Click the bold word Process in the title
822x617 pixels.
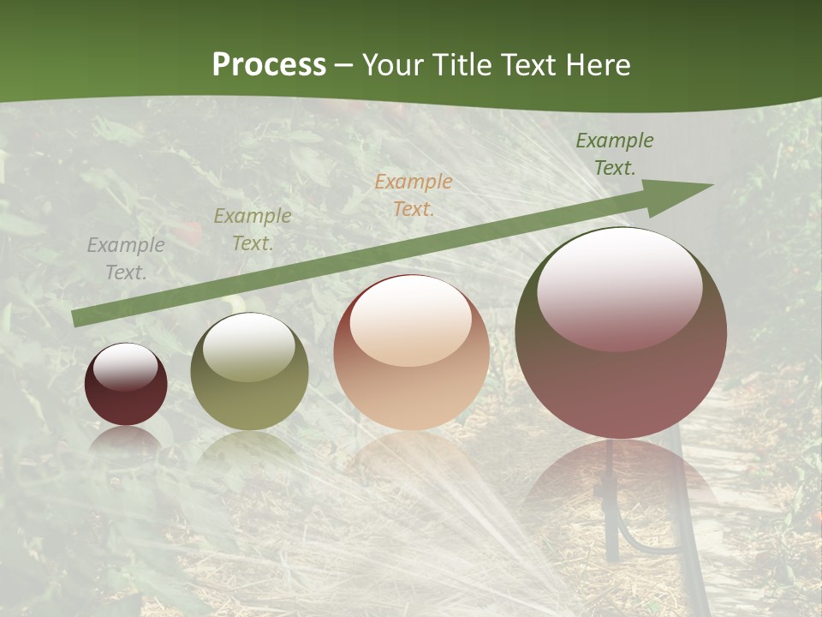click(269, 65)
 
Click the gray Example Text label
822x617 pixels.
click(126, 258)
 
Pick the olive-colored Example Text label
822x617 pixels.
click(253, 229)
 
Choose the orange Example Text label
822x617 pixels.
click(414, 195)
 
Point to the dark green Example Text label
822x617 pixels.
click(614, 153)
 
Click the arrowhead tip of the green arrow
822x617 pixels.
click(710, 185)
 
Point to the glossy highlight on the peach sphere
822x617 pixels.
click(410, 320)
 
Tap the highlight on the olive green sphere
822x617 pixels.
click(249, 346)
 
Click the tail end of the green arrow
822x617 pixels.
click(76, 319)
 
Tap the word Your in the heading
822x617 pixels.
click(393, 65)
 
